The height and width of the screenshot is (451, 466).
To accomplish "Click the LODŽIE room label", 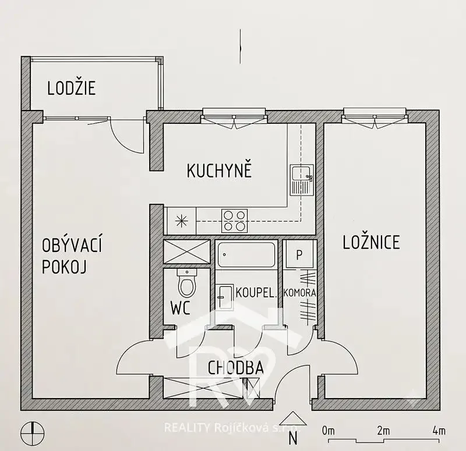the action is (x=71, y=88).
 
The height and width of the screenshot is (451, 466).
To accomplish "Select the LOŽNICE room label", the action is (x=371, y=242).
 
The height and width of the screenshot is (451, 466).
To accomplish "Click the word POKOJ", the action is (x=64, y=267).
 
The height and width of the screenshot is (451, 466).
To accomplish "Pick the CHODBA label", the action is (x=235, y=368).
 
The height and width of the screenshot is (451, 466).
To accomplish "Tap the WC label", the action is (x=180, y=308).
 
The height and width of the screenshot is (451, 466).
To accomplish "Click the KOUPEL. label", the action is (x=256, y=293).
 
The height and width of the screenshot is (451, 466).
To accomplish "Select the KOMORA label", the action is (x=299, y=293).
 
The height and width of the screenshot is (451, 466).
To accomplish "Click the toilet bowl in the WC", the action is (x=187, y=283).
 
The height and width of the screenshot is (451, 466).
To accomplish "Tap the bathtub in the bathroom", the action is (x=246, y=255).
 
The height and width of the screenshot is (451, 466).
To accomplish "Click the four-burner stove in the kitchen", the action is (x=235, y=221).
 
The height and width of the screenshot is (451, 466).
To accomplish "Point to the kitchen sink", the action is (x=302, y=180).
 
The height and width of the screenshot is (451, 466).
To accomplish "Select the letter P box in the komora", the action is (x=299, y=254).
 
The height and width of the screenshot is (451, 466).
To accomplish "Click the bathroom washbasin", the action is (x=225, y=297).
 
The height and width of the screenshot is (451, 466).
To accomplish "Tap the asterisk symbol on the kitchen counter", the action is (x=181, y=221).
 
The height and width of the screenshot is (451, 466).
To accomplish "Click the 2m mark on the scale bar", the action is (x=383, y=431).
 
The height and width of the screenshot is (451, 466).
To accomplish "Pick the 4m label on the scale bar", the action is (x=439, y=431).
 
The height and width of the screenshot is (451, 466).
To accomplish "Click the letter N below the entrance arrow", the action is (x=293, y=438).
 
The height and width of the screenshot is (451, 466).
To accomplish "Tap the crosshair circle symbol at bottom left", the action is (x=33, y=434).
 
